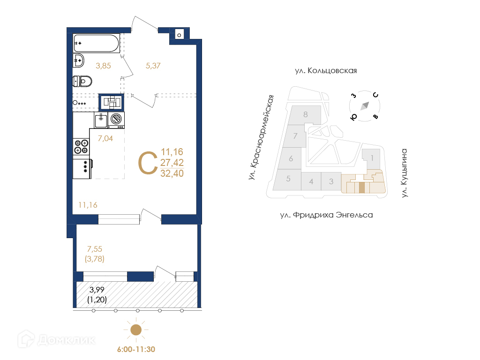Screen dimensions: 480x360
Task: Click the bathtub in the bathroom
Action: coord(96,43)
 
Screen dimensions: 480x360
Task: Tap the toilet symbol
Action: coord(82,81)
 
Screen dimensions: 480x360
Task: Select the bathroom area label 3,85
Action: coord(103,66)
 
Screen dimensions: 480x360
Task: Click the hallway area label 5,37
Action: coord(153,66)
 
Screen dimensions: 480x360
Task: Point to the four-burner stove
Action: coord(81,147)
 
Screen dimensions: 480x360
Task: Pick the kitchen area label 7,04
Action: coord(105,138)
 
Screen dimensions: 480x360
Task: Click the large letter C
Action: coord(148,163)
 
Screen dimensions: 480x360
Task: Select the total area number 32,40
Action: coord(172,173)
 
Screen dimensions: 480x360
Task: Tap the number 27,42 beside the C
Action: coord(172,163)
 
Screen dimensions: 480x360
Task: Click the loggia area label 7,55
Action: coord(95,249)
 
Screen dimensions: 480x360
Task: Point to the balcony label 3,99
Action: coord(97,290)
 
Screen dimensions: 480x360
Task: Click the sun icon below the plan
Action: coord(136,330)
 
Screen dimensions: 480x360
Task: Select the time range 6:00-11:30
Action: coord(136,349)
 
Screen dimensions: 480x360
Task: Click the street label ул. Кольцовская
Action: coord(326,71)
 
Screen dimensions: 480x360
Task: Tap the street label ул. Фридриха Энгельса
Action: coord(326,215)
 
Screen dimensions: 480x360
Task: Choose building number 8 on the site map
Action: coord(306,114)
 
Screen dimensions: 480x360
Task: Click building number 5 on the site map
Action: coord(288,179)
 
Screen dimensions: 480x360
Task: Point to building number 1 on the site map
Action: coord(372,158)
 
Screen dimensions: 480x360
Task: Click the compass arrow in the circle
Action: coord(365,106)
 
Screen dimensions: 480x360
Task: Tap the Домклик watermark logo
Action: coord(56,339)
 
